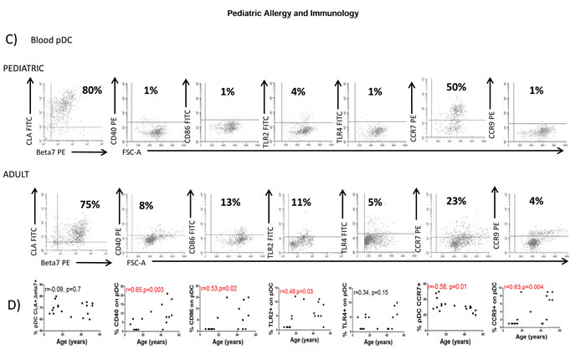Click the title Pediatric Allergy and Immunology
(x=292, y=14)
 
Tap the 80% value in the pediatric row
(x=92, y=88)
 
